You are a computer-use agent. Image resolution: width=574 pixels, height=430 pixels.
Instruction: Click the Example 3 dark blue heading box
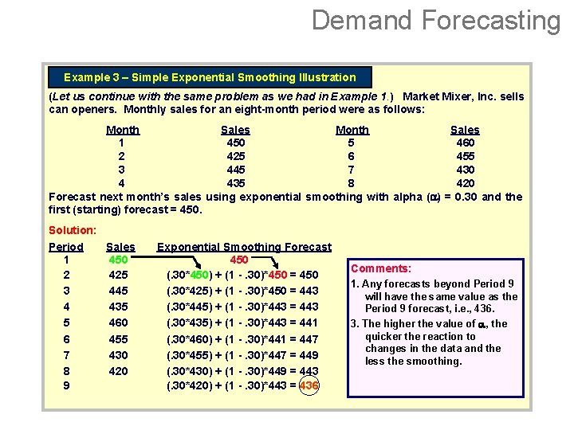click(210, 77)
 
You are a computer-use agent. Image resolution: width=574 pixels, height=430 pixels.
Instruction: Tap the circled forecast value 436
click(309, 385)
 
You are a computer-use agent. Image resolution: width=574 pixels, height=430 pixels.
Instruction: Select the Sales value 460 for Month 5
click(465, 143)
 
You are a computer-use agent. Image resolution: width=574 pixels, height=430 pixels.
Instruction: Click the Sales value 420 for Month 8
click(465, 183)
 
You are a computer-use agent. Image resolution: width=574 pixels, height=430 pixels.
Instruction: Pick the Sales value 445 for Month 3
click(235, 170)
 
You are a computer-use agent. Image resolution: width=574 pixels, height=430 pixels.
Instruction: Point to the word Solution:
click(72, 230)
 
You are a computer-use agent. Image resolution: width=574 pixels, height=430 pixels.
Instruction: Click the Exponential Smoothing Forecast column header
click(244, 247)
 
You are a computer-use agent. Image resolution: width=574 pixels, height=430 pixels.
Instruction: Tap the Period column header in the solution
click(66, 247)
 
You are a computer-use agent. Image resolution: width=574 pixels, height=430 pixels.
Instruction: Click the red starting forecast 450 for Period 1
click(238, 260)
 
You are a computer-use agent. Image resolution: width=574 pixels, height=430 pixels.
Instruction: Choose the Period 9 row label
click(65, 385)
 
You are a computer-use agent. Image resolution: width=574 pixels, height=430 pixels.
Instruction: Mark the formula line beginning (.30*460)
click(242, 338)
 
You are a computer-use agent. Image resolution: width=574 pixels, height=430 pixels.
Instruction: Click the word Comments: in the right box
click(381, 269)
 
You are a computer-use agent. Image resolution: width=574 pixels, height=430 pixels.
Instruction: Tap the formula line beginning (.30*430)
click(242, 370)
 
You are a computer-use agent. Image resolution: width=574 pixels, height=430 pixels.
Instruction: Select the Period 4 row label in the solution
click(65, 307)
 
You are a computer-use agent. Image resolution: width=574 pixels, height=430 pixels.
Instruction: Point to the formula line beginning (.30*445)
click(242, 307)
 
